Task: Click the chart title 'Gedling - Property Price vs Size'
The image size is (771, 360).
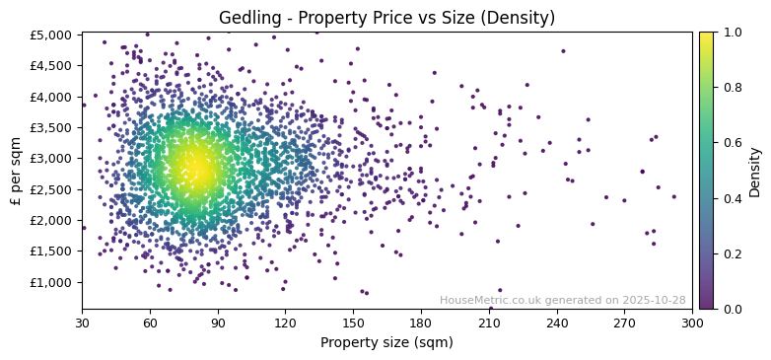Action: click(386, 18)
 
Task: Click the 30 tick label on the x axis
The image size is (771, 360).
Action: click(82, 322)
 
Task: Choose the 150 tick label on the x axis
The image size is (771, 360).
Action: click(353, 322)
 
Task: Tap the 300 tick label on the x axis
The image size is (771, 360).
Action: click(692, 322)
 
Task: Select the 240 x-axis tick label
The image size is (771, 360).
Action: click(557, 322)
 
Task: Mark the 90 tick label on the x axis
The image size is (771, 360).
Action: click(218, 322)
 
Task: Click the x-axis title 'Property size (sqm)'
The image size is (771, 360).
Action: click(386, 342)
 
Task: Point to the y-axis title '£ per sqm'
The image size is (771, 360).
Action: click(17, 171)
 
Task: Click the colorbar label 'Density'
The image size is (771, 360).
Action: click(755, 171)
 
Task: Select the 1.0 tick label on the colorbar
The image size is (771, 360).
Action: click(731, 33)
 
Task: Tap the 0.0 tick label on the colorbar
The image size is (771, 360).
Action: click(731, 309)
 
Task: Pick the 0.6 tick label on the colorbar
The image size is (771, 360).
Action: click(731, 143)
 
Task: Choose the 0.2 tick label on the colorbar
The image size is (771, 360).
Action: click(731, 253)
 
